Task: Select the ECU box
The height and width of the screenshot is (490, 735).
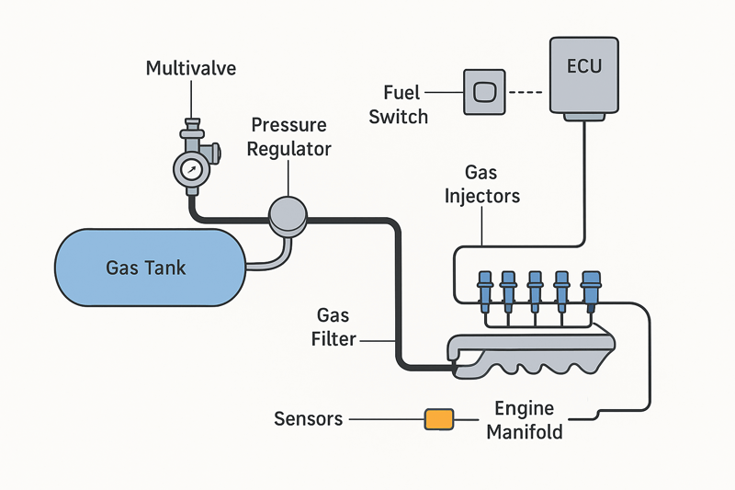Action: (584, 78)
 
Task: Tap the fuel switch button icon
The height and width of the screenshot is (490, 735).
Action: (484, 92)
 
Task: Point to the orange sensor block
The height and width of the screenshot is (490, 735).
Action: (438, 419)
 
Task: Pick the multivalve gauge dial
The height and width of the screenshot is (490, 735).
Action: (191, 170)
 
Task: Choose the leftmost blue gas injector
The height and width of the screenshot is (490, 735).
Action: (484, 285)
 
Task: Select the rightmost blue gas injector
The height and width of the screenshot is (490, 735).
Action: (591, 285)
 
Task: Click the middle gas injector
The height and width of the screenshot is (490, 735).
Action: (536, 285)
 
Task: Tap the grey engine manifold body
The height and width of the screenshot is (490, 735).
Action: (533, 354)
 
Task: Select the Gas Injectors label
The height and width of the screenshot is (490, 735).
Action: (481, 184)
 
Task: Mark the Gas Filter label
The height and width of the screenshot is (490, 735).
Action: (333, 327)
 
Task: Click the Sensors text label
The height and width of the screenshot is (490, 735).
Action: (309, 419)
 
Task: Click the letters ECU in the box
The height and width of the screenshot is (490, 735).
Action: (584, 66)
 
